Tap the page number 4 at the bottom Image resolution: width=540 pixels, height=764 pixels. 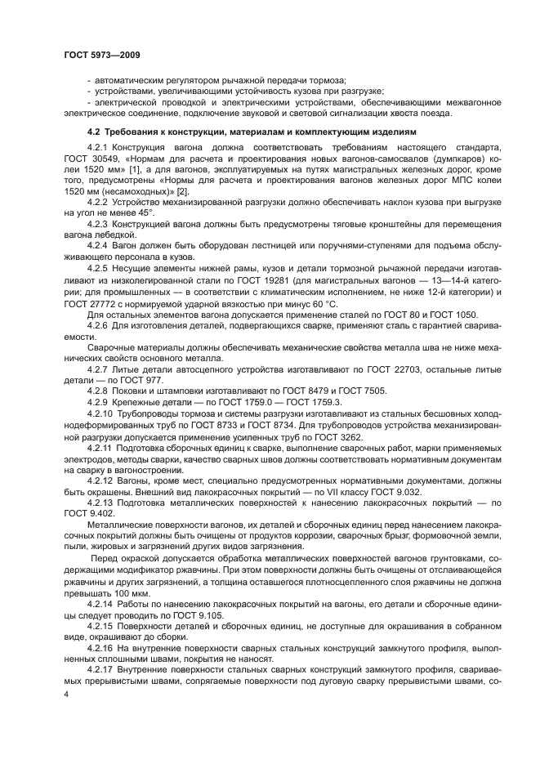[x=66, y=694]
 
